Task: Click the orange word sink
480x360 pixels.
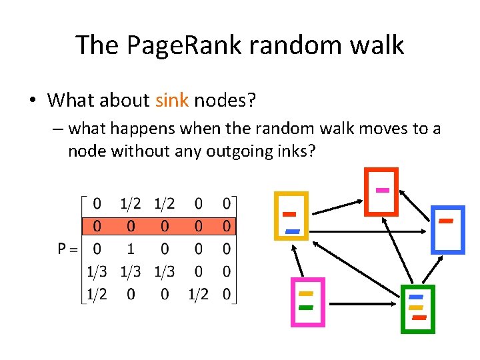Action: click(172, 101)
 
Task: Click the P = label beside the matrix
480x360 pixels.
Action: click(67, 248)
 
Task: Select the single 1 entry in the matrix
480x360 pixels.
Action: click(131, 248)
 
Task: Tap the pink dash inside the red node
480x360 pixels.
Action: click(382, 190)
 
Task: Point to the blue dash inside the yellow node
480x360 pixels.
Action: click(293, 231)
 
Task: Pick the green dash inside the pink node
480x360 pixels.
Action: click(306, 308)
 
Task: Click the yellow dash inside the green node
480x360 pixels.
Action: click(416, 307)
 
